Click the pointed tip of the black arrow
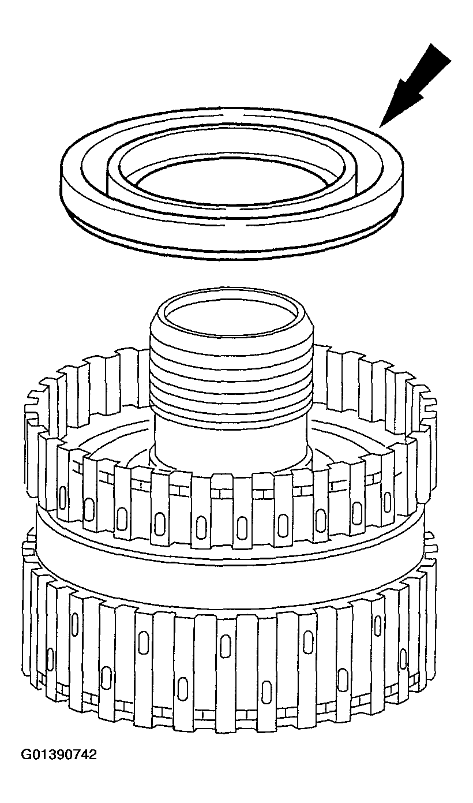pyautogui.click(x=380, y=126)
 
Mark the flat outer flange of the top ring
pyautogui.click(x=230, y=215)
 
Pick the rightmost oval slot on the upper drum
pyautogui.click(x=388, y=502)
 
